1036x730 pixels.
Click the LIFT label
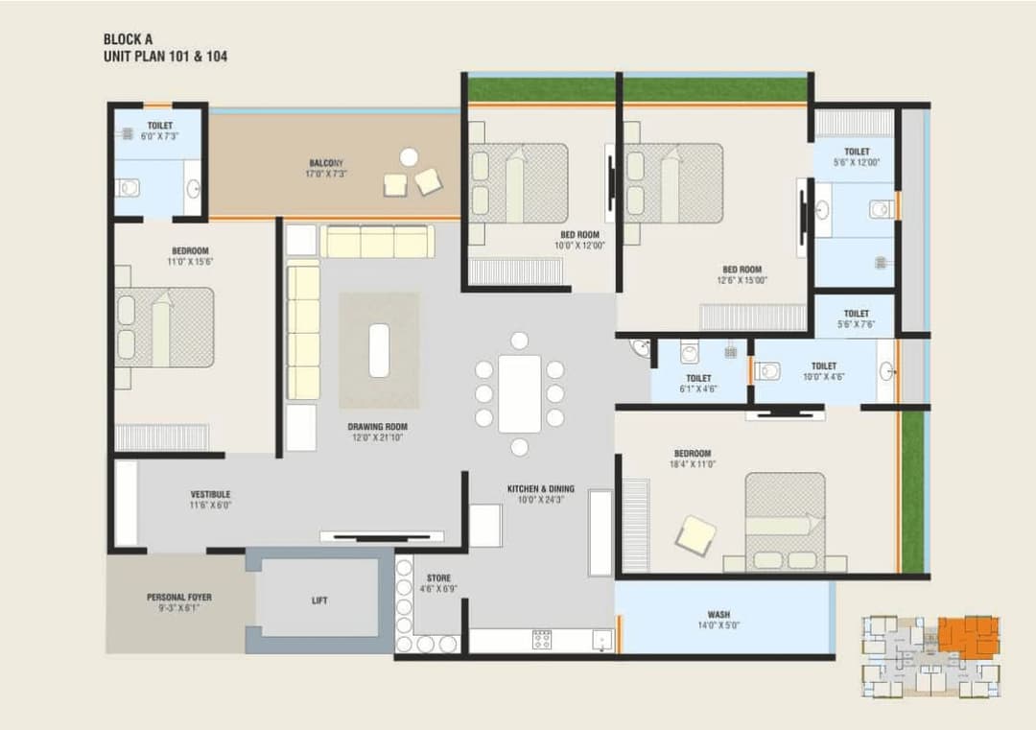coord(319,600)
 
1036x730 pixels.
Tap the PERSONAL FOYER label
coord(179,597)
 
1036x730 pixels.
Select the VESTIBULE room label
coord(210,494)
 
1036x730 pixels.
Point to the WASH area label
coord(718,614)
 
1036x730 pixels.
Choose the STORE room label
coord(438,578)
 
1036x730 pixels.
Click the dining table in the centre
coord(519,393)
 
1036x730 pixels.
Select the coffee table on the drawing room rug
coord(379,350)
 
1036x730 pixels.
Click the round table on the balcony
coord(409,156)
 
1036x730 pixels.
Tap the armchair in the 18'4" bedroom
coord(695,535)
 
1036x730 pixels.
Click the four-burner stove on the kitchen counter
coord(542,639)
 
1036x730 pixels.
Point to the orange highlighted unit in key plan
coord(967,636)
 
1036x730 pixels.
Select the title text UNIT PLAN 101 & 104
coord(166,57)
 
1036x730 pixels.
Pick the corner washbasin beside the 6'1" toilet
coord(640,349)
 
